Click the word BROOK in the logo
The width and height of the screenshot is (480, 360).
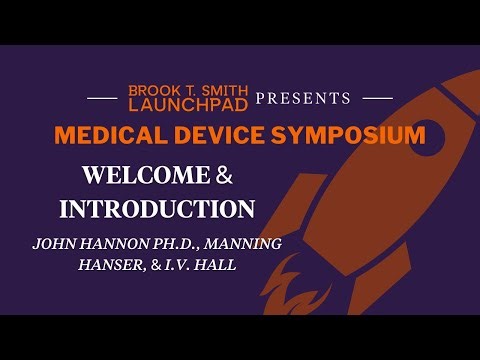pyautogui.click(x=150, y=90)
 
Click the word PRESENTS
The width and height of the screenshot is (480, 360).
pyautogui.click(x=303, y=98)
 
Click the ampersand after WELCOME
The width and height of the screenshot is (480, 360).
pyautogui.click(x=224, y=175)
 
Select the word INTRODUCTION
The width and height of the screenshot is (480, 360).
pyautogui.click(x=157, y=209)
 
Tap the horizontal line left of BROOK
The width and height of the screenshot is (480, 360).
pyautogui.click(x=103, y=98)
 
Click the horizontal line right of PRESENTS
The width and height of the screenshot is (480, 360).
pyautogui.click(x=376, y=98)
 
